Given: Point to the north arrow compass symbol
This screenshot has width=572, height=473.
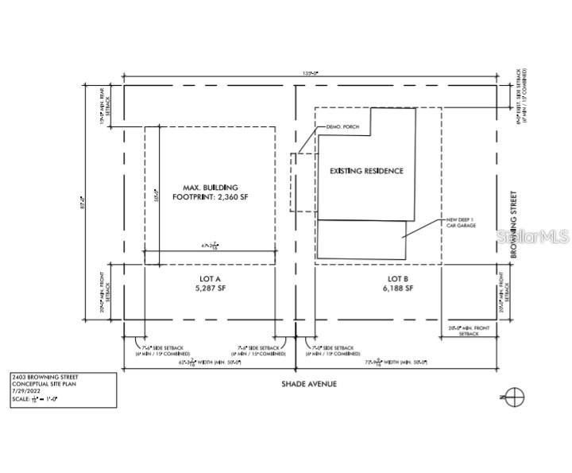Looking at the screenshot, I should (516, 396).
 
